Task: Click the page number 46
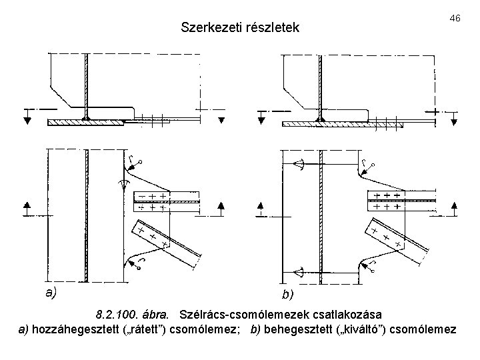click(455, 18)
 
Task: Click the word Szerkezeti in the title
click(208, 28)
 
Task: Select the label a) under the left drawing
click(51, 291)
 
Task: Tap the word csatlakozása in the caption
click(351, 314)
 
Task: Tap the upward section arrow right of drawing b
click(454, 206)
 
